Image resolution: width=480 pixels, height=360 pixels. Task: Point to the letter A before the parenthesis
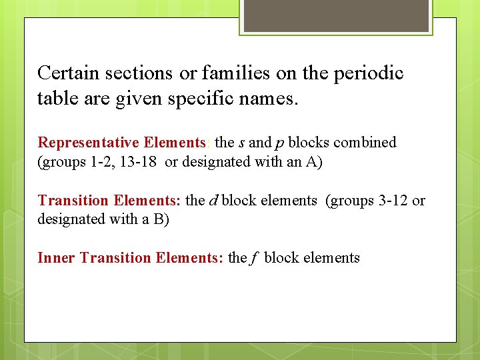(x=311, y=162)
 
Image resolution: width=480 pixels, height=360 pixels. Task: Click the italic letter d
(x=213, y=201)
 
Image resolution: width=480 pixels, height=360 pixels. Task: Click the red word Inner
(x=57, y=258)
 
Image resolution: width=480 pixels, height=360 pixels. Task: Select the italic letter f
(x=255, y=258)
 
